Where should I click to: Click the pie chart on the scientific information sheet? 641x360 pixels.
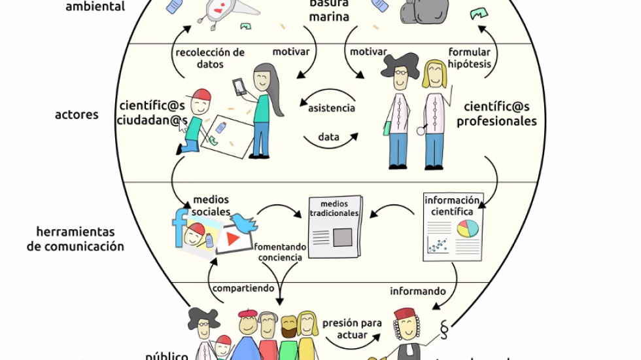pyautogui.click(x=467, y=228)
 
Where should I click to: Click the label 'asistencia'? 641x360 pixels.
pyautogui.click(x=332, y=108)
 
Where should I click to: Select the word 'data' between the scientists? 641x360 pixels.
pyautogui.click(x=328, y=137)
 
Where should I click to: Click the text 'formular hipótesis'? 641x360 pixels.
pyautogui.click(x=469, y=58)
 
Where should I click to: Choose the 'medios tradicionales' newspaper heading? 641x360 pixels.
pyautogui.click(x=335, y=208)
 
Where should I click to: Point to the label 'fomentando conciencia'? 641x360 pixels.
pyautogui.click(x=280, y=252)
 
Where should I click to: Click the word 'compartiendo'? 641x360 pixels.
pyautogui.click(x=243, y=289)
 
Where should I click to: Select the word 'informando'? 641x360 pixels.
pyautogui.click(x=418, y=291)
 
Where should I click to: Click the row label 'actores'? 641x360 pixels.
pyautogui.click(x=77, y=115)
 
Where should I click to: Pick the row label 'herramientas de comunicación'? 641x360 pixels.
pyautogui.click(x=75, y=240)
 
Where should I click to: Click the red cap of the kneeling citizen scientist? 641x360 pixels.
pyautogui.click(x=202, y=96)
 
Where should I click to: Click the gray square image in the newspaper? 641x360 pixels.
pyautogui.click(x=342, y=236)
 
